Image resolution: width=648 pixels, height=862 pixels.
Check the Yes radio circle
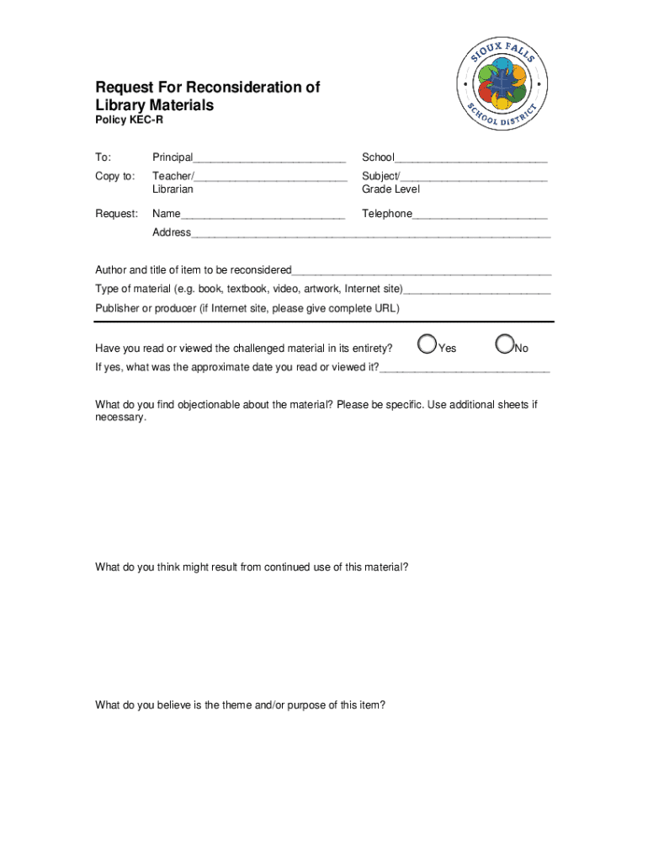coord(428,344)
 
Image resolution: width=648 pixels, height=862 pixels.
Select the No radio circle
coord(505,344)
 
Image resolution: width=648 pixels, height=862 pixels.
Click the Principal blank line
coord(269,158)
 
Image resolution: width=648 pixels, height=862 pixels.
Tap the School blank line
coord(471,158)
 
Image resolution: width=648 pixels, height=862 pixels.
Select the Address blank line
coord(370,233)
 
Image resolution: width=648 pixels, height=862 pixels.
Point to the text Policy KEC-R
coord(129,121)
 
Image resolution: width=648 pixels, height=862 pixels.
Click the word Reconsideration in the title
coord(255,88)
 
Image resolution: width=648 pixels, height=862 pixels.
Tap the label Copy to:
coord(114,176)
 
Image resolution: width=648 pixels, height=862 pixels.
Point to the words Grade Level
coord(390,189)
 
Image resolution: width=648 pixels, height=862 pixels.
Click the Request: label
coord(116,214)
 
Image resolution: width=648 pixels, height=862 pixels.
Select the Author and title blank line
coord(422,271)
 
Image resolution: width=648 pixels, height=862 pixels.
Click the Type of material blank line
coord(477,290)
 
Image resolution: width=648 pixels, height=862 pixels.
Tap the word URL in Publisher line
coord(386,309)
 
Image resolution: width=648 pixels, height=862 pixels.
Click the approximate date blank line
coord(465,368)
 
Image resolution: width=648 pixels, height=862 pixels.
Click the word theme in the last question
coord(227,705)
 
